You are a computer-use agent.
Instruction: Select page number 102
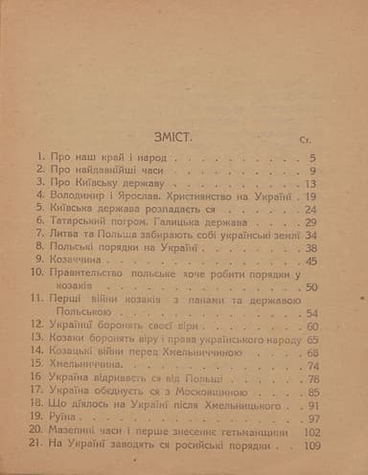[x=310, y=432]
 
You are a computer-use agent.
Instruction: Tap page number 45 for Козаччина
[x=312, y=259]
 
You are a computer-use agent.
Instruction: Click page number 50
[x=312, y=285]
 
